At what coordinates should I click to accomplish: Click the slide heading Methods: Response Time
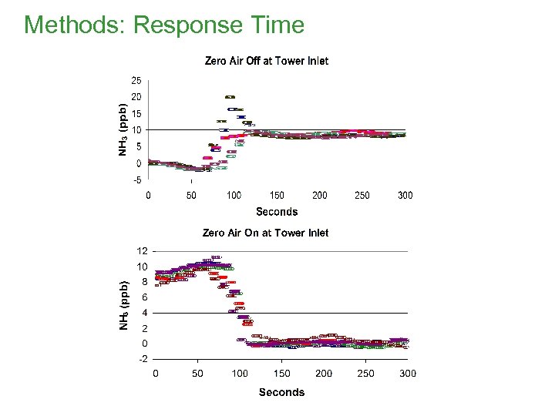[164, 25]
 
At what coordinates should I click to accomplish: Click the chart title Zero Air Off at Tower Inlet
[266, 61]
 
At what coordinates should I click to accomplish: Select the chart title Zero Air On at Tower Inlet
[265, 232]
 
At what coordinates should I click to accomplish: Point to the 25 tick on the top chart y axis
[136, 80]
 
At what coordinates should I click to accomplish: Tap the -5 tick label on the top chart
[136, 180]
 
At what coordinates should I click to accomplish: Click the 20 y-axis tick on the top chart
[136, 97]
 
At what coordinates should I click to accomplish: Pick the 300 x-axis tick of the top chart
[405, 195]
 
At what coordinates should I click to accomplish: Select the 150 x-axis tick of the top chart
[276, 195]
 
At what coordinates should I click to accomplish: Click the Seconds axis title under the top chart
[277, 211]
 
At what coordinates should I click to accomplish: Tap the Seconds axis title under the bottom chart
[281, 392]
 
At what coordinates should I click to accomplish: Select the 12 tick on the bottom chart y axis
[142, 250]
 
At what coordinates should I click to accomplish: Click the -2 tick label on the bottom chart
[142, 359]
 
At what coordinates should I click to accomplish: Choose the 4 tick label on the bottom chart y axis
[144, 313]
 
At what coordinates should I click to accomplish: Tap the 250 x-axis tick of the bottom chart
[365, 374]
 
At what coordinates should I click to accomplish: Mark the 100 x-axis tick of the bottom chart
[240, 374]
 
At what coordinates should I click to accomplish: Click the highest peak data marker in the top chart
[230, 97]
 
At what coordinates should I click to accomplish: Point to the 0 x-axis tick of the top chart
[148, 195]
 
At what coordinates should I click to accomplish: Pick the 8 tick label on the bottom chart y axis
[144, 282]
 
